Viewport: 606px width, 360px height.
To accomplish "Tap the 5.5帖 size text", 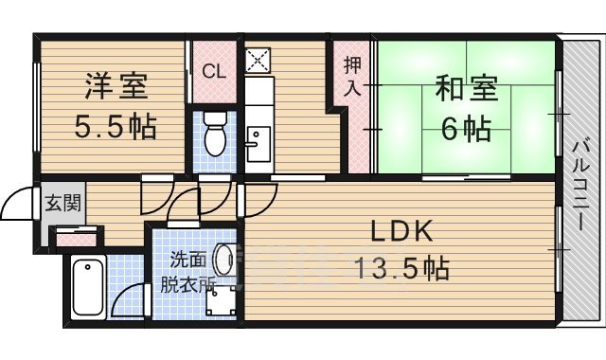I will (116, 124).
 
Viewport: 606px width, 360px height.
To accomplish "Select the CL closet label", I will (214, 70).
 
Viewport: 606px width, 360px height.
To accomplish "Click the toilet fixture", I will (215, 135).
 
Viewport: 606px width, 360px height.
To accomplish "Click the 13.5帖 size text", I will (401, 268).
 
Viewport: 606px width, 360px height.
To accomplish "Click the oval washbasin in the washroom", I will (223, 259).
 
